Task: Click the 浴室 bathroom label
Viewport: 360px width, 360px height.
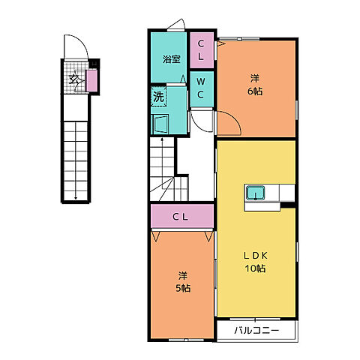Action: click(171, 59)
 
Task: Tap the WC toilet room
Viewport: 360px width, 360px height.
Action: click(202, 89)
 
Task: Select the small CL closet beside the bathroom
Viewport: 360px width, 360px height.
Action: click(202, 50)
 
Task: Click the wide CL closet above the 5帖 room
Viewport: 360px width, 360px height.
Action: click(182, 216)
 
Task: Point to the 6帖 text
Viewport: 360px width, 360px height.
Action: click(255, 91)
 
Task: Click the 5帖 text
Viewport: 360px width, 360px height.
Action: click(183, 288)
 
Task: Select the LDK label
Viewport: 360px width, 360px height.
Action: click(256, 256)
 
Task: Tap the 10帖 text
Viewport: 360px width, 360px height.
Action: click(255, 268)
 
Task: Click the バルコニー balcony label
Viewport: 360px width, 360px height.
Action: click(256, 331)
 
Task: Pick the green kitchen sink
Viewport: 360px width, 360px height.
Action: click(255, 193)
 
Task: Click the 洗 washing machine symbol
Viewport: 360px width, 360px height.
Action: click(158, 97)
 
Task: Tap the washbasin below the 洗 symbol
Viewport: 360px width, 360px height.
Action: click(160, 124)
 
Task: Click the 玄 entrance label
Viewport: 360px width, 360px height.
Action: click(74, 79)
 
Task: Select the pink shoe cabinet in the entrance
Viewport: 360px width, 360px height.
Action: click(91, 81)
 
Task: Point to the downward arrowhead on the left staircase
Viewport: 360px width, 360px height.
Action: click(76, 199)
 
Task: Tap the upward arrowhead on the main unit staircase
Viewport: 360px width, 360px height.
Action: click(162, 139)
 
